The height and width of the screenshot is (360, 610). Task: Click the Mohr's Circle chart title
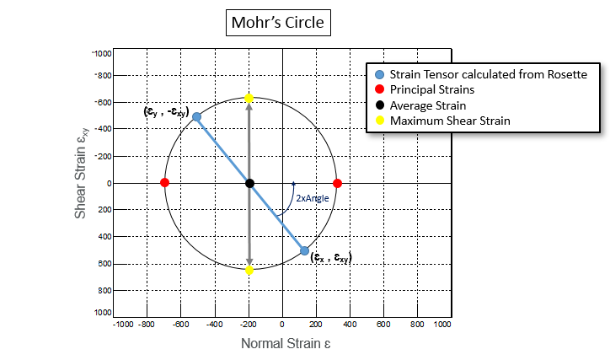click(279, 21)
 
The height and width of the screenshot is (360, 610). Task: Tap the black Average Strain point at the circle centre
click(249, 183)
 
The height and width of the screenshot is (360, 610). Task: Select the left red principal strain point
click(164, 183)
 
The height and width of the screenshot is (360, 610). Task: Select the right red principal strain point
click(337, 183)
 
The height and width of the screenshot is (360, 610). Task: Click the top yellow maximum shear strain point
click(249, 99)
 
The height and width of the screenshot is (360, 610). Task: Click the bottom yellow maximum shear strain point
click(249, 270)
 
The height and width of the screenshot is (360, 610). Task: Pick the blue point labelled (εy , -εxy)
click(196, 117)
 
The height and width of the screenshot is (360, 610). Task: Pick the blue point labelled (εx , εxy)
click(304, 250)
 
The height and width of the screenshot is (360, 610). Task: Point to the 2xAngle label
click(312, 198)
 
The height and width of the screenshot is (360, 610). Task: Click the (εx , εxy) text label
click(330, 257)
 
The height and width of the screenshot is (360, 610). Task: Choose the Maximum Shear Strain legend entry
click(450, 121)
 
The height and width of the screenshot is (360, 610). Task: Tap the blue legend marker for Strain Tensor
click(378, 74)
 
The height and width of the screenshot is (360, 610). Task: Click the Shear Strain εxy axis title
click(81, 180)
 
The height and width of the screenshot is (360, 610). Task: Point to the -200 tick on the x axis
click(249, 324)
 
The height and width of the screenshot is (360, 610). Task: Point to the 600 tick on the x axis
click(384, 324)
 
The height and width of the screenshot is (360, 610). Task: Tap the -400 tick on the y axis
click(102, 129)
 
